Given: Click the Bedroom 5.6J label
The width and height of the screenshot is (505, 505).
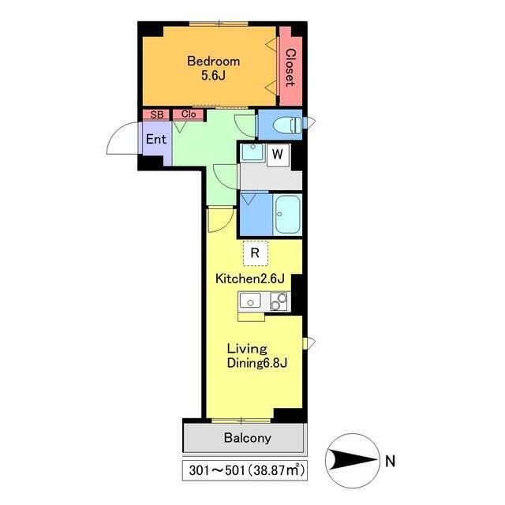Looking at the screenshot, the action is (214, 68).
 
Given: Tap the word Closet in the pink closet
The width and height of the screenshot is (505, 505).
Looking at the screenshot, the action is (290, 68).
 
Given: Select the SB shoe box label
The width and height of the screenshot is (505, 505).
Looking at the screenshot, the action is (157, 114).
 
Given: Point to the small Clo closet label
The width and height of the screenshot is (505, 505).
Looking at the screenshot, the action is (189, 114).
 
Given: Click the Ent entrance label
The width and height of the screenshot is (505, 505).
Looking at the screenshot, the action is (156, 139).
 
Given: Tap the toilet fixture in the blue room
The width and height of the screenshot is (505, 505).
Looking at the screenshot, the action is (287, 125).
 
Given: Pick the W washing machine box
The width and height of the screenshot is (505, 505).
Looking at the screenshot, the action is (278, 155).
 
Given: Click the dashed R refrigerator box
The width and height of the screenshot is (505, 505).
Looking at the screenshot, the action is (255, 253).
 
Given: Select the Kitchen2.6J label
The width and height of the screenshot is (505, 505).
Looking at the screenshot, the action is (250, 279).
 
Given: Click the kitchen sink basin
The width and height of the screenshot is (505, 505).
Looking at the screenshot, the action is (250, 301).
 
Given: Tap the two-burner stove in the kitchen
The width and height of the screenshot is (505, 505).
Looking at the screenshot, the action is (279, 301).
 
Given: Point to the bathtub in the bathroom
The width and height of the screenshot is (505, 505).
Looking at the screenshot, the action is (287, 215).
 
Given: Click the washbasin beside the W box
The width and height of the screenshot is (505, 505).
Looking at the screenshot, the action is (253, 152).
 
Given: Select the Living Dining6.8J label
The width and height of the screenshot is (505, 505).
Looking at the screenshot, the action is (257, 356).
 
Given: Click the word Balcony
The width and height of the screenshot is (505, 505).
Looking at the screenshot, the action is (247, 438).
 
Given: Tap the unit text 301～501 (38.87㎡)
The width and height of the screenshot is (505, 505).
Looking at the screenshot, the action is (246, 470).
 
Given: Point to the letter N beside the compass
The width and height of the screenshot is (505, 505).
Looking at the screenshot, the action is (390, 462).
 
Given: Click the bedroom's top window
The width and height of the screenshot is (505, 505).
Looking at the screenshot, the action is (219, 24).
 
